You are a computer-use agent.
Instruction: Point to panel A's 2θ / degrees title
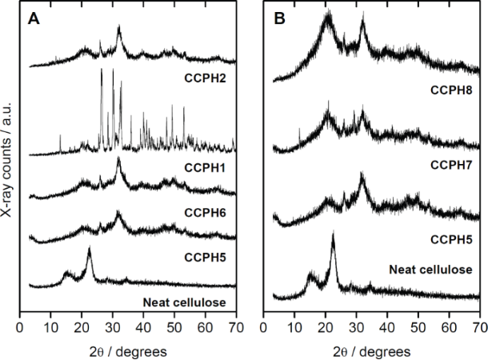click(126, 350)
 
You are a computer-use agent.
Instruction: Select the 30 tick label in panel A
click(112, 328)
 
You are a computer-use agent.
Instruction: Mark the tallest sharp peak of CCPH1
click(101, 70)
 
